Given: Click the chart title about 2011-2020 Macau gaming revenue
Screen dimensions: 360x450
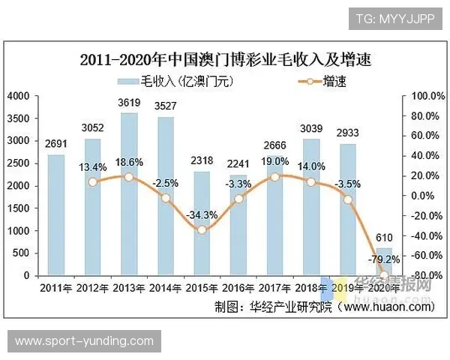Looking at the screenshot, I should [x=226, y=59].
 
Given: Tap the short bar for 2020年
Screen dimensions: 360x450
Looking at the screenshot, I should [x=384, y=262].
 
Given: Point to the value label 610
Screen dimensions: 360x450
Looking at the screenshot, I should [x=384, y=238].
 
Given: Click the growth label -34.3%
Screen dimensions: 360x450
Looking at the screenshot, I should [x=202, y=214].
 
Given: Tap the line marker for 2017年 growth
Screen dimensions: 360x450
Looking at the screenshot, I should [x=274, y=176].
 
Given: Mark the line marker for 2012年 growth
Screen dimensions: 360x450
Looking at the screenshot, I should [x=93, y=181].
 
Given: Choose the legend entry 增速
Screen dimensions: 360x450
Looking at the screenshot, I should [x=315, y=81].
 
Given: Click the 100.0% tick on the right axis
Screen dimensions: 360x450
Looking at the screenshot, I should [x=424, y=96].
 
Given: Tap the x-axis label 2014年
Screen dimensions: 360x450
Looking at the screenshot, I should [x=165, y=288].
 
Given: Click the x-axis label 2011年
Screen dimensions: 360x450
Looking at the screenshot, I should [x=56, y=288].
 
